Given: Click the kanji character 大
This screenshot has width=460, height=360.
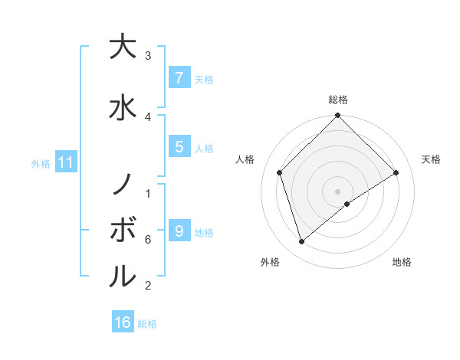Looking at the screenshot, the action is click(122, 47).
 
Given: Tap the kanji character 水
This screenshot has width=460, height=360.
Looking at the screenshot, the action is click(122, 106).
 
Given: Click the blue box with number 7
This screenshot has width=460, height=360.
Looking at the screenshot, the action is click(179, 78).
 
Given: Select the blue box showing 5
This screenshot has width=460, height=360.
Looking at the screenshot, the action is click(179, 147).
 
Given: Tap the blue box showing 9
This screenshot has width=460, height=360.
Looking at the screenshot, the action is click(179, 231).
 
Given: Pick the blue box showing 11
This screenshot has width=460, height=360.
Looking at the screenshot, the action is click(65, 162).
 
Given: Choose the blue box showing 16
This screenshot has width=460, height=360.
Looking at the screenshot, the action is click(123, 322).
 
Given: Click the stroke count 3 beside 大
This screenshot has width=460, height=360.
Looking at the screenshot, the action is click(148, 56).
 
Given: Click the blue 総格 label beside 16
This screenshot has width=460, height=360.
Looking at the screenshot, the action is click(147, 324).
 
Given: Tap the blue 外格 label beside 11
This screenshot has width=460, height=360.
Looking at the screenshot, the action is click(41, 163).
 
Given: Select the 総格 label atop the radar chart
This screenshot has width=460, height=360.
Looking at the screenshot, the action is click(337, 100).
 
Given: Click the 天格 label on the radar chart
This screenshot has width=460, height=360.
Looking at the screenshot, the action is click(431, 159).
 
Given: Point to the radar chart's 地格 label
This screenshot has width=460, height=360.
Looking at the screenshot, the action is click(402, 262).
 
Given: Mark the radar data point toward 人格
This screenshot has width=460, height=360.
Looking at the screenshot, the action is click(280, 172).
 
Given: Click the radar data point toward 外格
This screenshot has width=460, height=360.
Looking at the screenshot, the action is click(302, 242).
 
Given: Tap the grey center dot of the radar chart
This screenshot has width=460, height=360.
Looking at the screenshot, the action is click(337, 191).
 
